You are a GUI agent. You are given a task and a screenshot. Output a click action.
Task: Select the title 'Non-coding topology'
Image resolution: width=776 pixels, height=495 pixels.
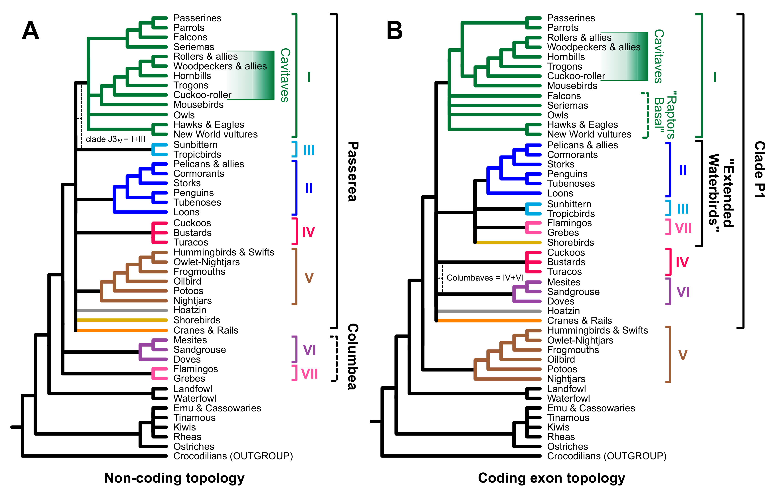(174, 478)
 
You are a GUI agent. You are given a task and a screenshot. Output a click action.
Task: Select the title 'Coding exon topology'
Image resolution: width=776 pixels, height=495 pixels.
(551, 478)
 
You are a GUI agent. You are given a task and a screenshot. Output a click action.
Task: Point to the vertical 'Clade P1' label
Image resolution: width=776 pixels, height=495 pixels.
(760, 169)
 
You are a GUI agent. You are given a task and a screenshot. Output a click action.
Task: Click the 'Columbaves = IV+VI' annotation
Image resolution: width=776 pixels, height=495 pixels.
(484, 278)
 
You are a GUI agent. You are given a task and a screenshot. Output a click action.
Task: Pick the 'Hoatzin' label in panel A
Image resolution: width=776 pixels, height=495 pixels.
(190, 310)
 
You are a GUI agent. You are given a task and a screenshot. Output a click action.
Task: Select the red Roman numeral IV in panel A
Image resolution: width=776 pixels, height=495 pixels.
(308, 232)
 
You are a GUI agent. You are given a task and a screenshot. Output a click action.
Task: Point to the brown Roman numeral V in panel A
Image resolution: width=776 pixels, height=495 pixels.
(309, 278)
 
